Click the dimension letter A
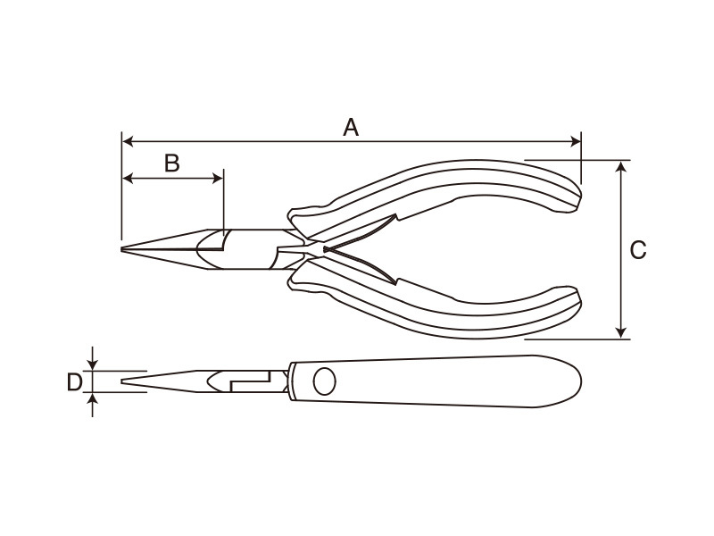coord(351,127)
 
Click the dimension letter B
coord(172,163)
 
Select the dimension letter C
coord(638,250)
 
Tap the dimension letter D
coord(75,382)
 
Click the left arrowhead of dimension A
coord(128,141)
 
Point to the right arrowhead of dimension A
coord(576,141)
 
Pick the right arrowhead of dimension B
coord(218,178)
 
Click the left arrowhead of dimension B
coord(128,178)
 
